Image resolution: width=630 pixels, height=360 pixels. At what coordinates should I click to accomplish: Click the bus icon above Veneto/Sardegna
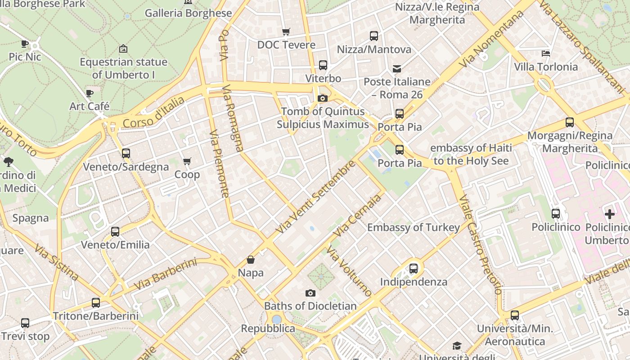coord(126,153)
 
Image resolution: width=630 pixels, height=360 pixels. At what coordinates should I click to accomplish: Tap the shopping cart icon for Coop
coord(187,161)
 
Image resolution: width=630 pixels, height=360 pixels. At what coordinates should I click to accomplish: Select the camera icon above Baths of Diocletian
coord(310,293)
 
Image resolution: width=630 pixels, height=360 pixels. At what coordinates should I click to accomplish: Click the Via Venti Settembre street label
coord(315,197)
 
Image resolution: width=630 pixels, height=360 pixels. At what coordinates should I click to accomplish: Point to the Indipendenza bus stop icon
coord(414,269)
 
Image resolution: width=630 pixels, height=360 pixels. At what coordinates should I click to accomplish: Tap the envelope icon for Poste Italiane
coord(397,69)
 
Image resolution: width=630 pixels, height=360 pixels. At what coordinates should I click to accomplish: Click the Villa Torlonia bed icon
coord(545,54)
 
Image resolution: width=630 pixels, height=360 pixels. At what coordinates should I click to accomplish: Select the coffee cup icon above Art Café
coord(90,93)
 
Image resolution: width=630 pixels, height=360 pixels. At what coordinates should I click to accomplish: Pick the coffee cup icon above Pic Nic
coord(25,44)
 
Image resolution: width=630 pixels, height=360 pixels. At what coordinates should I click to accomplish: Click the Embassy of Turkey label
coord(413,227)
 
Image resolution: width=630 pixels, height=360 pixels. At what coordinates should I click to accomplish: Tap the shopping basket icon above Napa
coord(251,260)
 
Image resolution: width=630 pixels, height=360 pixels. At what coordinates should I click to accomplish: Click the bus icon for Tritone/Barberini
coord(96,303)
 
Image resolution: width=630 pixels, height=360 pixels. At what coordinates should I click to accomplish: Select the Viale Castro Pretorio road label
coord(480,245)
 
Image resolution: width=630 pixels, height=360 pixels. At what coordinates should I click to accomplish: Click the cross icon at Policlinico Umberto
coord(609,214)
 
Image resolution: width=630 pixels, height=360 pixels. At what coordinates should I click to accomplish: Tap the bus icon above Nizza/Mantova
coord(374,36)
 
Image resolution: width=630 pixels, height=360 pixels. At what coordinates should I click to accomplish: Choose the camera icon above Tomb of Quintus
coord(322,98)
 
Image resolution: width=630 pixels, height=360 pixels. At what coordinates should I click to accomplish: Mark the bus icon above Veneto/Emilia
coord(115,232)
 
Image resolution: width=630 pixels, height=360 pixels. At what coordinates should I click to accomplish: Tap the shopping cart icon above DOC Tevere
coord(286,31)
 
